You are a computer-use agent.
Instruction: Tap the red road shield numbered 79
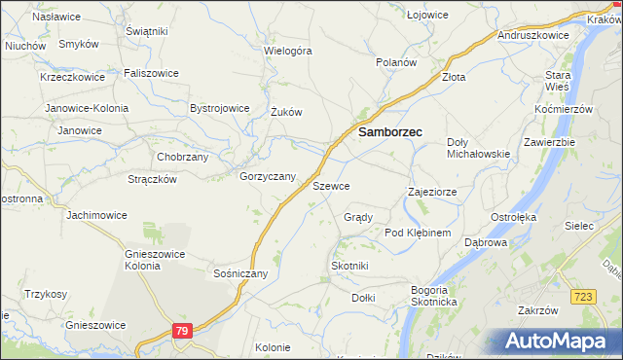(182, 331)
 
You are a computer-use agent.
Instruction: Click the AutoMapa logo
(556, 342)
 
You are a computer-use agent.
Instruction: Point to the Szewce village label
(331, 185)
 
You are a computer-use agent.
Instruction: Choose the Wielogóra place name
(288, 50)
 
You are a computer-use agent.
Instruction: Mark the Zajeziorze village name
(432, 193)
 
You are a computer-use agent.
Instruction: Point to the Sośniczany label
(240, 273)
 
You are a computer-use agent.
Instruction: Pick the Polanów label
(397, 61)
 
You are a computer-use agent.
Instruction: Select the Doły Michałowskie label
(478, 148)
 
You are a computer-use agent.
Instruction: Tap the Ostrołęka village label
(513, 216)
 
